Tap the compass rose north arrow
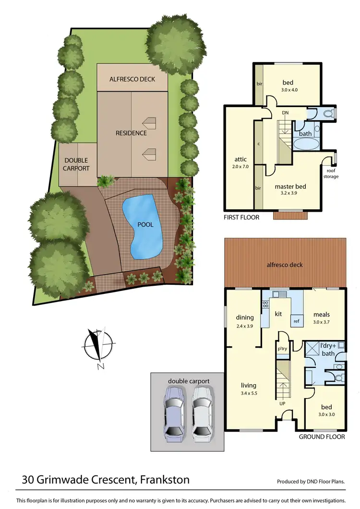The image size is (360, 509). (99, 347)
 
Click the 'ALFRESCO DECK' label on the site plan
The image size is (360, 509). (132, 79)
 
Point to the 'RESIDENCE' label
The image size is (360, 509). (131, 133)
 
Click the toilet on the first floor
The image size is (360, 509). (328, 114)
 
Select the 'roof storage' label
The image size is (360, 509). (331, 174)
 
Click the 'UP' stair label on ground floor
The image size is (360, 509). (282, 403)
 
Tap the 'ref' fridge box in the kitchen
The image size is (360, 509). (297, 321)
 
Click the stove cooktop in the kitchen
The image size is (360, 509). (264, 303)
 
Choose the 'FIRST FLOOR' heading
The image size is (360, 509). (241, 218)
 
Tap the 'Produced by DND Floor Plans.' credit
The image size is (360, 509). (311, 482)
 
